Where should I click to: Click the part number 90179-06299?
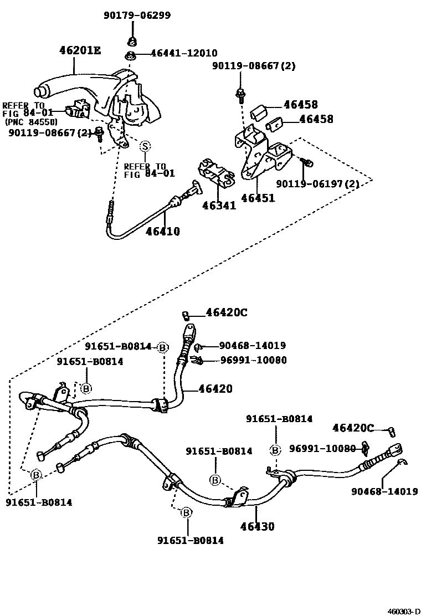[x=136, y=16]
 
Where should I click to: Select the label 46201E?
[x=80, y=51]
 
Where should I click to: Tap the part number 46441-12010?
[x=176, y=54]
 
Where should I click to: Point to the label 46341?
[x=219, y=206]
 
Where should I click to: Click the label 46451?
[x=258, y=198]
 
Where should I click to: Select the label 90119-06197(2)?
[x=324, y=183]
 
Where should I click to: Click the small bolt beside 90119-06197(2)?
[x=309, y=162]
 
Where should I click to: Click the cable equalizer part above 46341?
[x=216, y=171]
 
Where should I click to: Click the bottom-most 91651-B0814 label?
[x=190, y=540]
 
